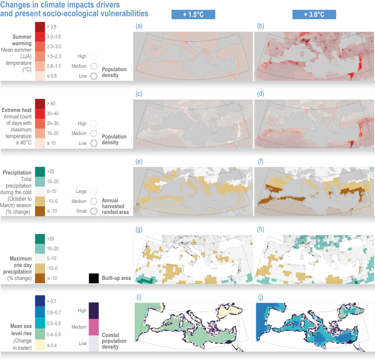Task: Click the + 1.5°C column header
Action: point(193,15)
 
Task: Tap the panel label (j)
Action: point(260,297)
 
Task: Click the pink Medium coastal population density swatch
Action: point(94,327)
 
